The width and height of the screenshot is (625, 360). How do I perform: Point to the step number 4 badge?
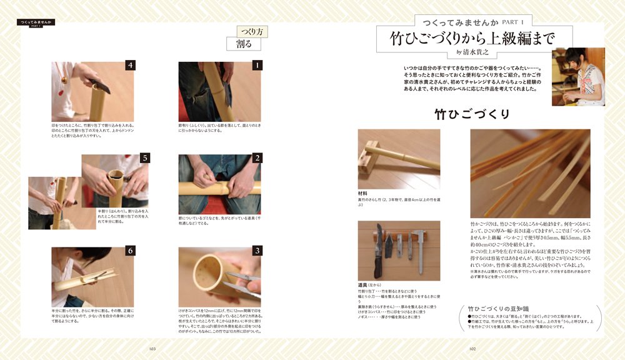(130, 65)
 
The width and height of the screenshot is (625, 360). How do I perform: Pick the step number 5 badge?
(144, 158)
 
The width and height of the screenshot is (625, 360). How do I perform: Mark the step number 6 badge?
(130, 251)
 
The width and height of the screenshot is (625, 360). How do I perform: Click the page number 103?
(152, 349)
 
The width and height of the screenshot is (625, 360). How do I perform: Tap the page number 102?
(472, 349)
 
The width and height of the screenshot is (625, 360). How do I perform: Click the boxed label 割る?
(244, 44)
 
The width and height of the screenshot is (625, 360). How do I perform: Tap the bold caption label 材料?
(362, 194)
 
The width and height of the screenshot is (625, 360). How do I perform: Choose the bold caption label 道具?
(363, 286)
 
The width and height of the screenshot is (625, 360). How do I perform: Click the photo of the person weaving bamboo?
(578, 76)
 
